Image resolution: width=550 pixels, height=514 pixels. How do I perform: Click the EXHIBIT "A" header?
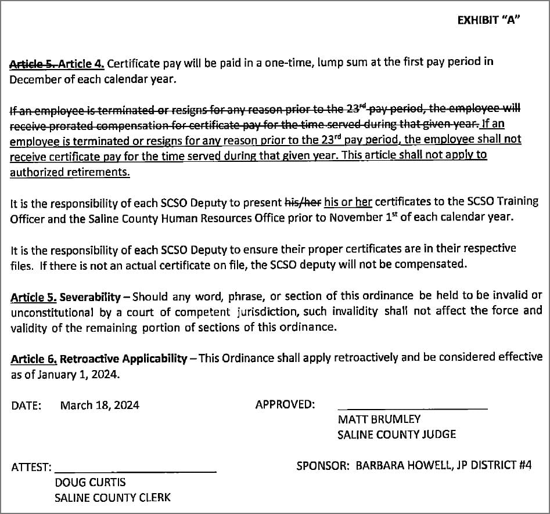click(488, 20)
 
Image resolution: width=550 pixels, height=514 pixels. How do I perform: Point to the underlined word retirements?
click(99, 172)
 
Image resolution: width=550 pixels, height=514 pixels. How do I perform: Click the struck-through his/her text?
click(303, 202)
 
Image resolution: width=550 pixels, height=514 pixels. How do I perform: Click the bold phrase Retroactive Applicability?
click(124, 359)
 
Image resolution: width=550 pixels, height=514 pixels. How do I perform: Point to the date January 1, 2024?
click(78, 375)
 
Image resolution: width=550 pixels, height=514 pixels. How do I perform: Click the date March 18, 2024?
click(99, 406)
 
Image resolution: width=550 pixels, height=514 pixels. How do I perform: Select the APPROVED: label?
click(285, 404)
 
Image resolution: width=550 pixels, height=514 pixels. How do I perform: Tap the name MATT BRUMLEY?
click(379, 419)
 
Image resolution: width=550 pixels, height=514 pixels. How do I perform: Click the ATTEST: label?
click(31, 467)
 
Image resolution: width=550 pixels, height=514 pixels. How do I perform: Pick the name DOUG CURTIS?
click(90, 483)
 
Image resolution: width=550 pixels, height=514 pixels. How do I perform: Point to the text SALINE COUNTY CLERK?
click(112, 498)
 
